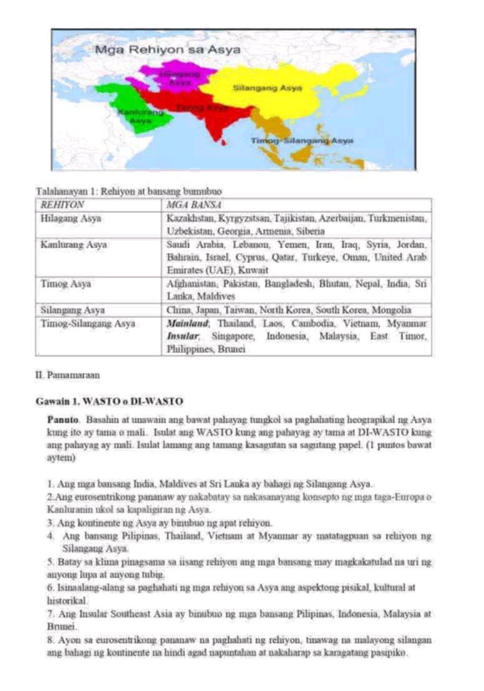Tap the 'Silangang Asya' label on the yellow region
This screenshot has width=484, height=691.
pyautogui.click(x=267, y=88)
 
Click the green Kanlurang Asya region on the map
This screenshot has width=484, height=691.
pyautogui.click(x=135, y=106)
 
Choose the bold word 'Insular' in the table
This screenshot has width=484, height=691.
pyautogui.click(x=182, y=337)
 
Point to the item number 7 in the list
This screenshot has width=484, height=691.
pyautogui.click(x=49, y=615)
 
